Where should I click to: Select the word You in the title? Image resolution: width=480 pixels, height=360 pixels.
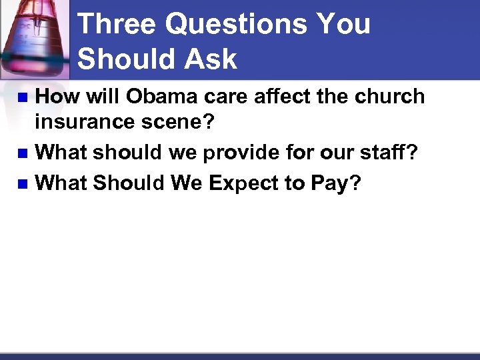(345, 25)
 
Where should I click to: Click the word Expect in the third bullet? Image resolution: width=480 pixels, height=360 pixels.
(243, 182)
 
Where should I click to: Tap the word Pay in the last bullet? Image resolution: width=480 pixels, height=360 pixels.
(328, 182)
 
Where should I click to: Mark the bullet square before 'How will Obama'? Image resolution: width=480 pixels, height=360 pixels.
(22, 98)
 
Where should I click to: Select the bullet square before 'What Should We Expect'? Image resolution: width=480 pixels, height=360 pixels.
(22, 183)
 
